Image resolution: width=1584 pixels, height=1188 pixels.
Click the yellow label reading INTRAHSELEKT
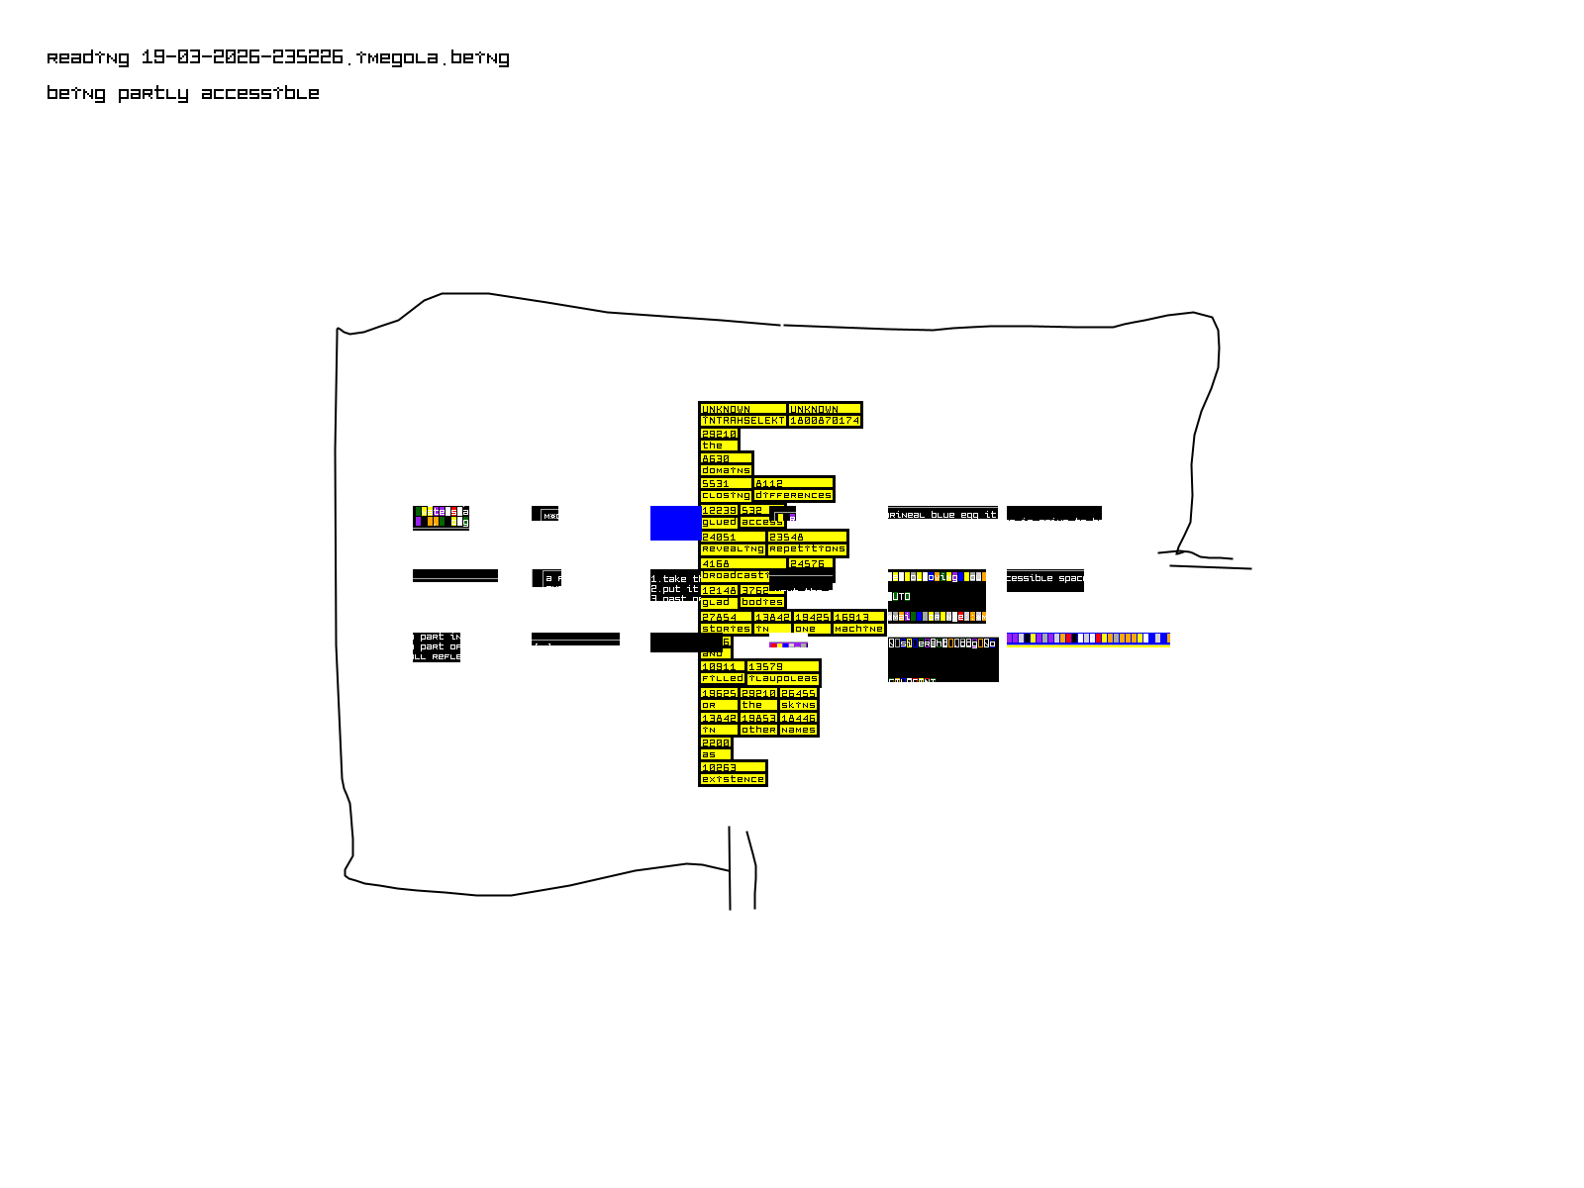coord(742,421)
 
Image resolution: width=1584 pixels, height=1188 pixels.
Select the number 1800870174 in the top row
coord(825,421)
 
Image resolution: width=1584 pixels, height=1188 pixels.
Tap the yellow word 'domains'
coord(726,470)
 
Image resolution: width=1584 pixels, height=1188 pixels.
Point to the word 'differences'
coord(793,495)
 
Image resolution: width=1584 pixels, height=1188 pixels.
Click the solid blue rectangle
coord(674,523)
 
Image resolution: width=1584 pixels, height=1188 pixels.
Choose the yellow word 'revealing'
coord(733,548)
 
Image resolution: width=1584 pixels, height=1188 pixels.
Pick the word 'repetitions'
coord(807,548)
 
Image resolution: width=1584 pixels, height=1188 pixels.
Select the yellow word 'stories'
coord(726,629)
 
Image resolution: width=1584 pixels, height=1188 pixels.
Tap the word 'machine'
coord(858,629)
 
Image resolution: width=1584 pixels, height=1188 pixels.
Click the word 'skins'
coord(798,705)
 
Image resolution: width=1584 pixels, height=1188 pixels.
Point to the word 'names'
coord(798,730)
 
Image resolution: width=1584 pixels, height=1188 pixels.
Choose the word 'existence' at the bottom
coord(733,779)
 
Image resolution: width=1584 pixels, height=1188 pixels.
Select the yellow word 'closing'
coord(726,495)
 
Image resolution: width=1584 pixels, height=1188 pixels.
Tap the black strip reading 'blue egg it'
coord(942,514)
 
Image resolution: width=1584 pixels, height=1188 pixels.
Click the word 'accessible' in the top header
coord(259,94)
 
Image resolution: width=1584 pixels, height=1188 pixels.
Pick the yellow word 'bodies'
coord(762,602)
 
